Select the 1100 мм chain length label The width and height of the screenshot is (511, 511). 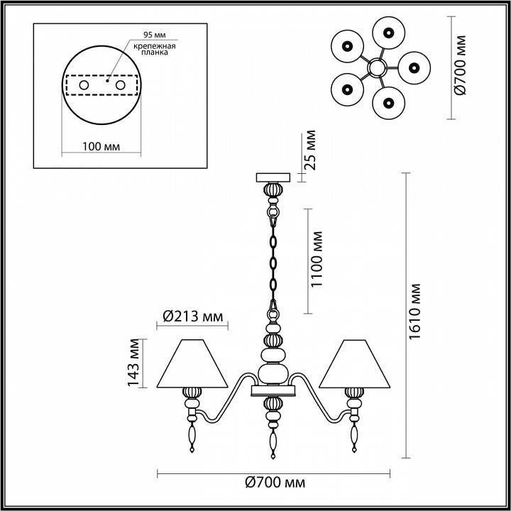pyautogui.click(x=317, y=260)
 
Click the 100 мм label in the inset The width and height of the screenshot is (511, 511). pyautogui.click(x=100, y=146)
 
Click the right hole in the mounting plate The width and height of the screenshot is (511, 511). pyautogui.click(x=120, y=85)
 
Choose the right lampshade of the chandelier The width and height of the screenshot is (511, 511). pyautogui.click(x=353, y=364)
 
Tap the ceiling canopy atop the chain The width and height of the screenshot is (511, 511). pyautogui.click(x=273, y=177)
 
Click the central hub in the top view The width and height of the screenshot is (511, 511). pyautogui.click(x=376, y=68)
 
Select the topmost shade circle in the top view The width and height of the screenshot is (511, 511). pyautogui.click(x=389, y=31)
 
